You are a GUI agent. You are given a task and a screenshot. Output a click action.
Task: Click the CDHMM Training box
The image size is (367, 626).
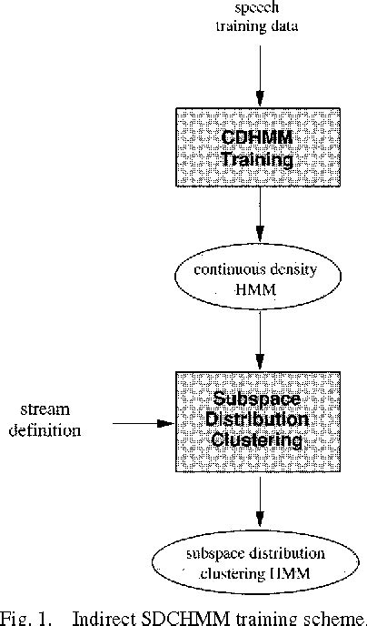point(260,148)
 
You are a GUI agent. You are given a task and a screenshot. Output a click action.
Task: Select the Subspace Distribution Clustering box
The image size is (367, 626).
point(260,421)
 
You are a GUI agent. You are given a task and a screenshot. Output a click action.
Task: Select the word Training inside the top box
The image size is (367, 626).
point(260,161)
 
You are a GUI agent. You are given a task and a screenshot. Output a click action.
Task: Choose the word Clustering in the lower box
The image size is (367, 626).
point(260,443)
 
